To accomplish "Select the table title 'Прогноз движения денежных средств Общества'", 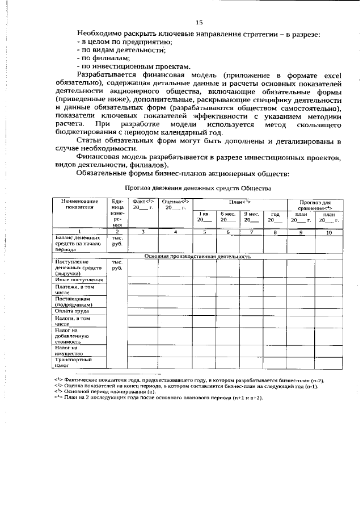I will click(198, 187).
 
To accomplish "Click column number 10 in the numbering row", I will click(328, 232).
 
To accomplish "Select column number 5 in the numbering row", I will click(204, 232).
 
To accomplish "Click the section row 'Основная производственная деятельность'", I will click(197, 256).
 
